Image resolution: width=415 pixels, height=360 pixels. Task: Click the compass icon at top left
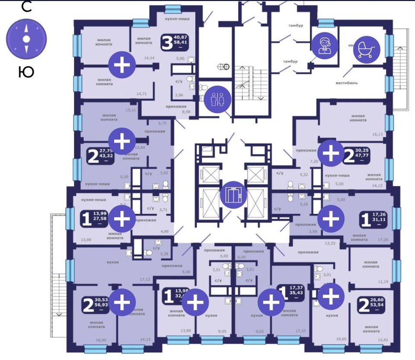26,39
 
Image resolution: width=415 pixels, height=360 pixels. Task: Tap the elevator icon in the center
233,194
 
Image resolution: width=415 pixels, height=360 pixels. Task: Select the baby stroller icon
367,48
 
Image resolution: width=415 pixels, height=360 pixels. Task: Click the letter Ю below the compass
26,72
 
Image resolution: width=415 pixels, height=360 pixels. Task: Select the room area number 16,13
377,134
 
